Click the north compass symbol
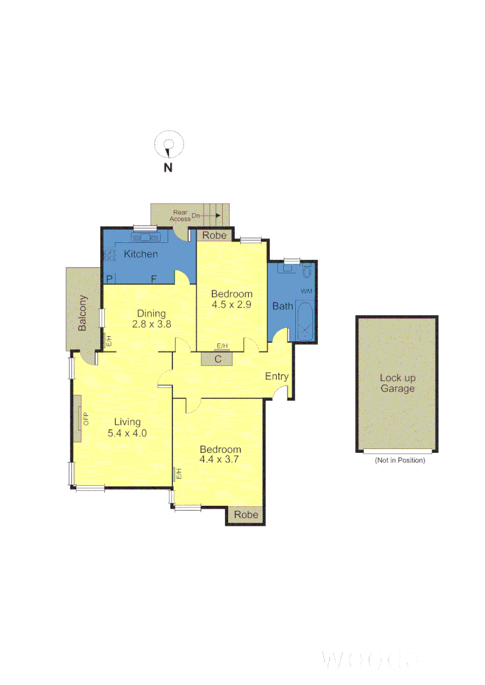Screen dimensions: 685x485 point(169,147)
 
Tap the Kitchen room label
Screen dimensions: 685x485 point(140,254)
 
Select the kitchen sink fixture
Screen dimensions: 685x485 point(147,237)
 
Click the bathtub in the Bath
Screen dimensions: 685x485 point(305,322)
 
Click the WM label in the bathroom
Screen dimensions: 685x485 point(307,290)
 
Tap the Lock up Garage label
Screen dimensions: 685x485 point(397,383)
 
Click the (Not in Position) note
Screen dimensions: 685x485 point(400,460)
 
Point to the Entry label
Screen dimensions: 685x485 point(277,376)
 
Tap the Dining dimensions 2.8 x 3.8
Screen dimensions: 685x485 point(152,323)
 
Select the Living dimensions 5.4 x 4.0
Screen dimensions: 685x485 point(127,434)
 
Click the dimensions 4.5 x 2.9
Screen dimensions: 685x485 point(232,304)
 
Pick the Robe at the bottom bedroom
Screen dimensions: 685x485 point(246,515)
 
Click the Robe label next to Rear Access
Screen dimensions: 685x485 point(214,235)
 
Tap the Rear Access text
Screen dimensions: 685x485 point(180,216)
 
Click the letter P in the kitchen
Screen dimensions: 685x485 point(109,278)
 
